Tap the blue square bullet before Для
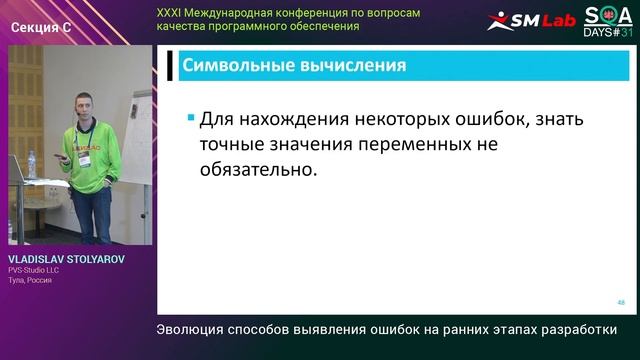pos(190,118)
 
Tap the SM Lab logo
pos(531,20)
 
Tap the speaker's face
pos(83,103)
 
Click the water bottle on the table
pos(31,165)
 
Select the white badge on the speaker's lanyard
pos(84,160)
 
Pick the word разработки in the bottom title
pos(575,329)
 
